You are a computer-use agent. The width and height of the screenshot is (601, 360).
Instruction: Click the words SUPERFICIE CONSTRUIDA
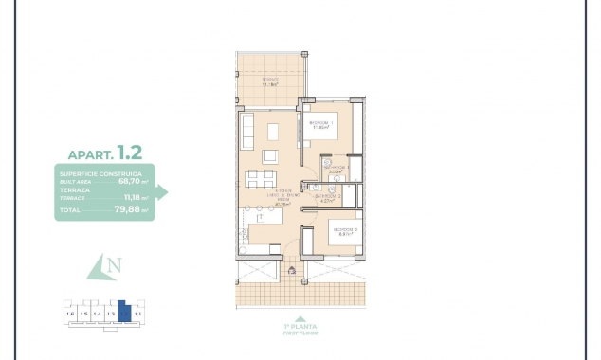point(100,175)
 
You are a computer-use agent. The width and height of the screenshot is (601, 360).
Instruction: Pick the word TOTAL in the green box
point(70,210)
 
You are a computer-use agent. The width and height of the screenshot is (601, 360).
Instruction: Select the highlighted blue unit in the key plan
point(123,313)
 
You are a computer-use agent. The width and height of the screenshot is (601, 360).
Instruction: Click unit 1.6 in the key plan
point(69,313)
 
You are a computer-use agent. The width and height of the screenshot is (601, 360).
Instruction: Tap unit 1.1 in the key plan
point(137,313)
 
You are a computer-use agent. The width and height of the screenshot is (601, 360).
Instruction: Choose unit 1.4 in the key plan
point(97,313)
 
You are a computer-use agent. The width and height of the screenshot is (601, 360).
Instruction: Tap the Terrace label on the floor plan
point(269,81)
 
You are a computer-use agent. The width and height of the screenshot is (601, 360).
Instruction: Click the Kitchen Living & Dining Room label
point(282,195)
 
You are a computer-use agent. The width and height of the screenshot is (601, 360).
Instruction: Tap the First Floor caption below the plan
point(300,332)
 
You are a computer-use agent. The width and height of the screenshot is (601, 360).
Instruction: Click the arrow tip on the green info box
point(167,192)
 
